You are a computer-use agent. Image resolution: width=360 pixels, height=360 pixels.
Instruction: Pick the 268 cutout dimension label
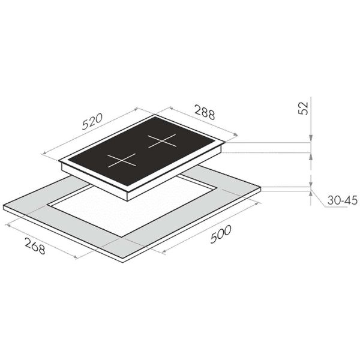click(34, 244)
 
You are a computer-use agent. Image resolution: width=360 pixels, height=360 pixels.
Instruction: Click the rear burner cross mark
click(161, 142)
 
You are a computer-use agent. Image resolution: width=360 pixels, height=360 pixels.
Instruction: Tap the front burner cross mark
click(122, 160)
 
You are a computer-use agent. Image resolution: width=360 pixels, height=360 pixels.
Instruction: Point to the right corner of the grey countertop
click(261, 188)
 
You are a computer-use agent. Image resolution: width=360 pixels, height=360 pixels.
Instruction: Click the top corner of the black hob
click(157, 116)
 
